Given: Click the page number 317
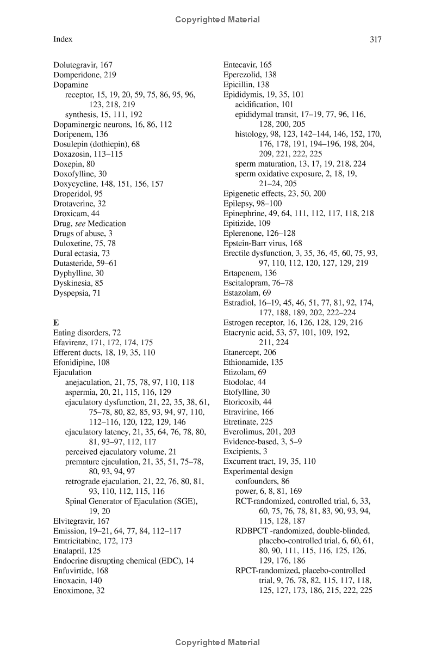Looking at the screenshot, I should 375,39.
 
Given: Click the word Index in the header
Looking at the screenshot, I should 63,39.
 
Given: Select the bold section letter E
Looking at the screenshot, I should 55,322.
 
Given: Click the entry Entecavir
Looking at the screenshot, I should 239,65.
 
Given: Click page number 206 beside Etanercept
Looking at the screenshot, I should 270,352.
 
